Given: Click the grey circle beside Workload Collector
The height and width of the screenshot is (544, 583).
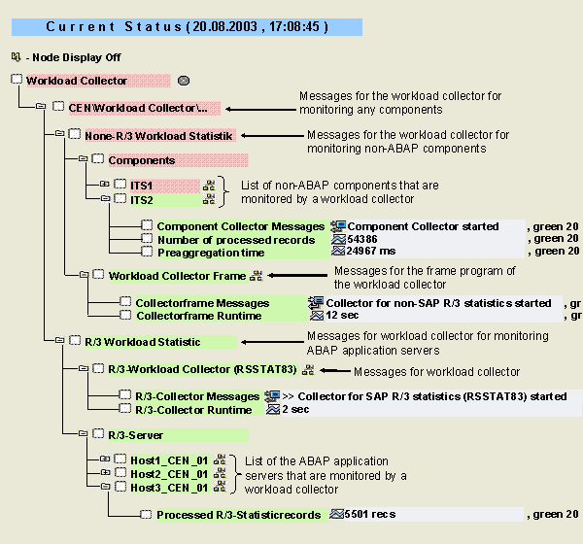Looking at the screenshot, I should coord(184,81).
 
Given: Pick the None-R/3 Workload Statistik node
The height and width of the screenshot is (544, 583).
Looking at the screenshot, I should coord(158,136).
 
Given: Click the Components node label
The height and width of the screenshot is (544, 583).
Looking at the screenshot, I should coord(142,160).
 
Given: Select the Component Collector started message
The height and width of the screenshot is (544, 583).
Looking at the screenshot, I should coord(424,226).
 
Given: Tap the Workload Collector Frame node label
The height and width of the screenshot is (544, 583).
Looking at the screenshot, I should coord(177,276).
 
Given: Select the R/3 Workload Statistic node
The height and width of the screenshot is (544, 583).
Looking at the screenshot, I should coord(154,342).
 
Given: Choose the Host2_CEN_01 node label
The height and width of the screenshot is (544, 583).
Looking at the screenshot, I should coord(171,473).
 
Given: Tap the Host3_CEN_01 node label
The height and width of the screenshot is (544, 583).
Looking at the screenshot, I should coord(171,487).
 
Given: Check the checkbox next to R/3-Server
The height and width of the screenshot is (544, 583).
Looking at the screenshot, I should coord(99,435).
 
